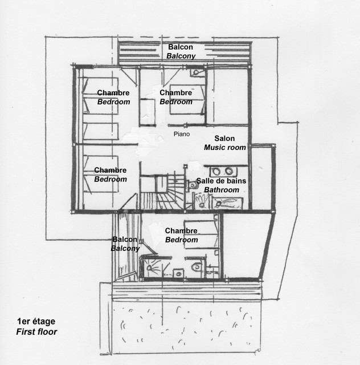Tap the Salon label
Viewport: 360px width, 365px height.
[224, 139]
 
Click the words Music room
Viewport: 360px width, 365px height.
[224, 147]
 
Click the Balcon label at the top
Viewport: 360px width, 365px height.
[181, 47]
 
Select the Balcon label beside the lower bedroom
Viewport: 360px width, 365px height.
[124, 240]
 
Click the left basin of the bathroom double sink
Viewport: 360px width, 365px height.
[217, 171]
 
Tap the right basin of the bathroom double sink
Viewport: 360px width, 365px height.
[230, 171]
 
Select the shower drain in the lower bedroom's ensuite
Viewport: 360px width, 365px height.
[152, 266]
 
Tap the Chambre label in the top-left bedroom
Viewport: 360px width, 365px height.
[113, 93]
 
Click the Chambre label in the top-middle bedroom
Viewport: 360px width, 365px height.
[175, 93]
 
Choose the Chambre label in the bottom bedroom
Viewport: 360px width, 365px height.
[181, 231]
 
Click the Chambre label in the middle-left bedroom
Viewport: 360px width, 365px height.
[111, 170]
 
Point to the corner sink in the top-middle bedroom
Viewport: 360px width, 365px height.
[195, 73]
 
